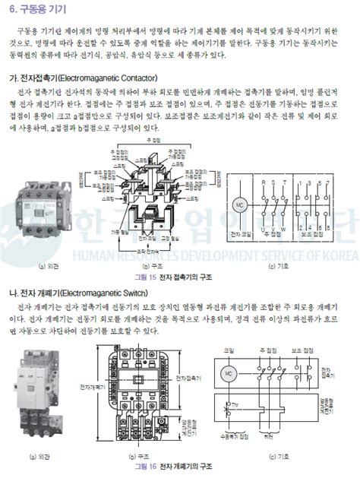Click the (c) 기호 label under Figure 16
(x=279, y=456)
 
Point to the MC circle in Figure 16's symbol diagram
(x=228, y=374)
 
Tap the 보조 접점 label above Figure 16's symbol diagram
(x=303, y=349)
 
